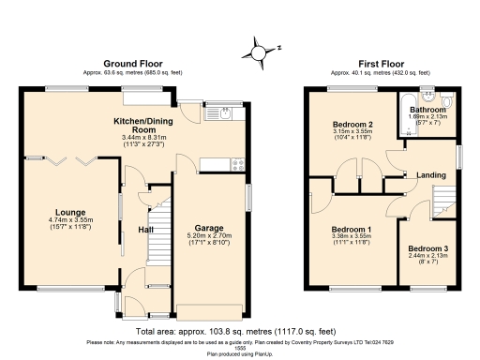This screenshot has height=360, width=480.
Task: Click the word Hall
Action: (x=146, y=229)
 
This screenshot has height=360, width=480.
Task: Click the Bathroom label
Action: (x=428, y=110)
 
